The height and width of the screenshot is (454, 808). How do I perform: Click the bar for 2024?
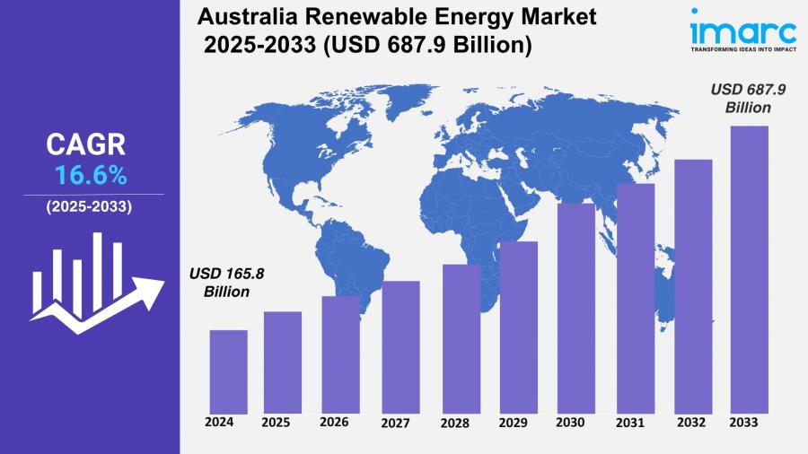pos(228,369)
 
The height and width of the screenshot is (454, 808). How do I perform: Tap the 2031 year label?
pos(633,423)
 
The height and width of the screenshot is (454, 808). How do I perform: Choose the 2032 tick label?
pos(691,422)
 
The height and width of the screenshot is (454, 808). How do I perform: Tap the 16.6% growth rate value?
pos(90,173)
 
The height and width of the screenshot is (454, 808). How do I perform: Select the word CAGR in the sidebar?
pos(86,144)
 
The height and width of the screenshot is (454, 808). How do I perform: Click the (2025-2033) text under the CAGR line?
pos(89,206)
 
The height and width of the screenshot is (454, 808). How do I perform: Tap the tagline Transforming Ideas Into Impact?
pos(742,49)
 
